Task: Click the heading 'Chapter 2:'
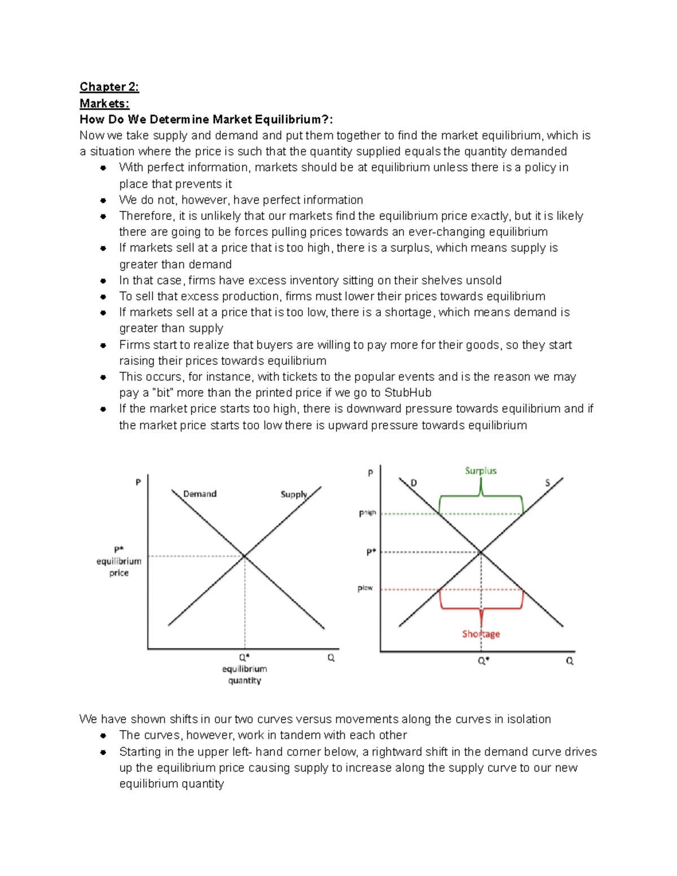coord(109,86)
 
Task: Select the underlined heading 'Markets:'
coord(104,103)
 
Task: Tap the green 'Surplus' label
coord(481,470)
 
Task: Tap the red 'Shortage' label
coord(481,633)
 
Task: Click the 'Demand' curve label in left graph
coord(200,494)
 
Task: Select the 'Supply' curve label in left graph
coord(294,494)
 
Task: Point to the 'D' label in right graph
coord(414,483)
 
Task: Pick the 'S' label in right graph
coord(547,483)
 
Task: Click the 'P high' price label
coord(367,513)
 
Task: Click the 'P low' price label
coord(365,588)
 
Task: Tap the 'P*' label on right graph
coord(371,552)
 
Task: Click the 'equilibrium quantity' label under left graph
coord(244,674)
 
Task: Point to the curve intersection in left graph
coord(244,556)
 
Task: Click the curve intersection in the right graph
coord(481,552)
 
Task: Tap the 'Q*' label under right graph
coord(483,661)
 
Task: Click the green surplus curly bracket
coord(481,496)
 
